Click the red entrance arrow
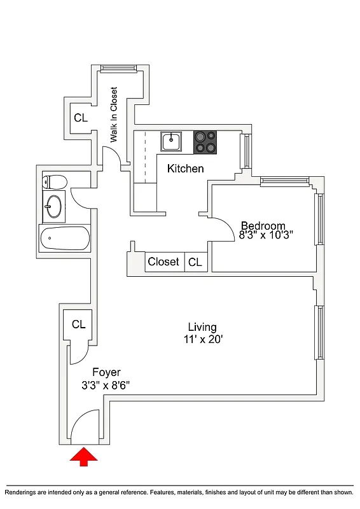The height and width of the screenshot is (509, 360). (x=83, y=457)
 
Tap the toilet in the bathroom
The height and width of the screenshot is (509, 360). (x=54, y=182)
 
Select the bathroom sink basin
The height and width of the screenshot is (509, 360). (x=53, y=206)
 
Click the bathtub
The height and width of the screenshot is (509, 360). (x=64, y=239)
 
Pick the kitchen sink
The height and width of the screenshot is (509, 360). (x=171, y=141)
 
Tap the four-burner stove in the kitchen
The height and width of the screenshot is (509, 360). (x=205, y=142)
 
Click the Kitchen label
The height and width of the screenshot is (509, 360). (x=185, y=169)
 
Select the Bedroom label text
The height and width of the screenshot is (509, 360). (x=263, y=225)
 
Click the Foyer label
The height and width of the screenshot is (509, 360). (x=106, y=372)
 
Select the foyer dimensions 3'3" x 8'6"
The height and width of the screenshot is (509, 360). (x=106, y=385)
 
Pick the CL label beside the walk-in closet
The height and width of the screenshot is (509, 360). (x=80, y=118)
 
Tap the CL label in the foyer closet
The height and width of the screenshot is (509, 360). (x=78, y=324)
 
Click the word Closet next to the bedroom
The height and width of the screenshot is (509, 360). (x=163, y=261)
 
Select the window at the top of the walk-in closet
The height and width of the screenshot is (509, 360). (x=118, y=68)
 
